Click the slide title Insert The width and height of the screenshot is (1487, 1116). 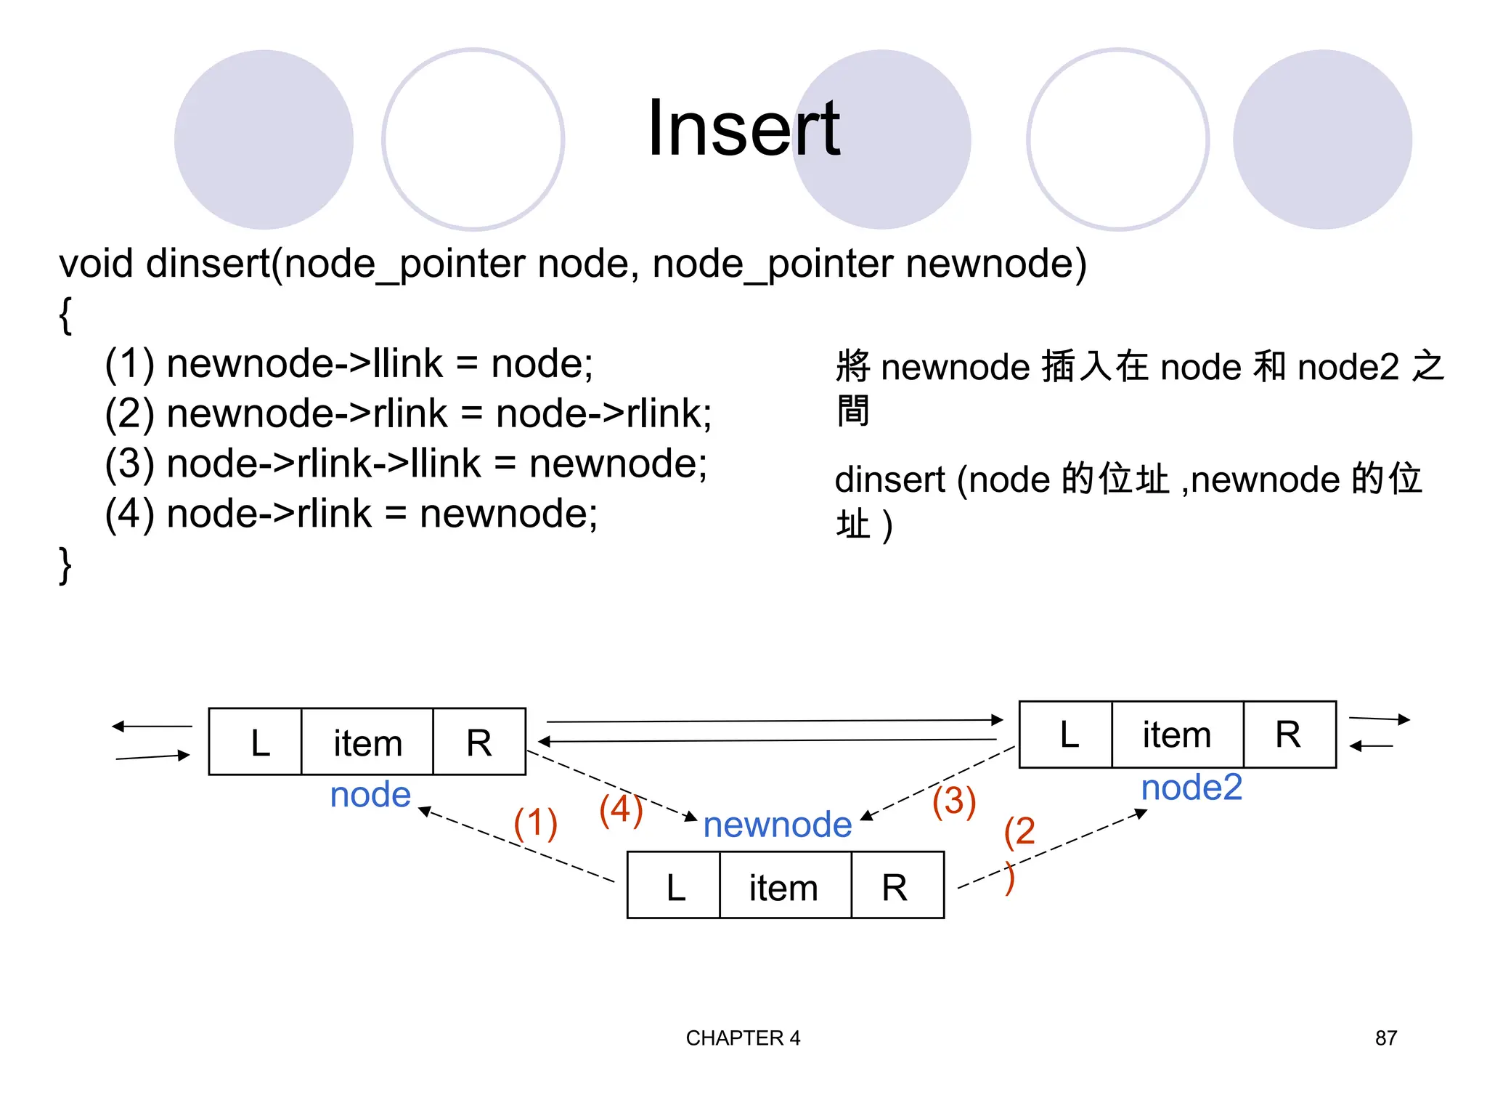coord(743,129)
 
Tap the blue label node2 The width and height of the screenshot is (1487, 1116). coord(1191,788)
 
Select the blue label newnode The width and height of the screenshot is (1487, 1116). coord(777,825)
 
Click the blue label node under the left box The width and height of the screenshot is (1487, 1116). coord(370,795)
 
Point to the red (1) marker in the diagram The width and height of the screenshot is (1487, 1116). coord(535,823)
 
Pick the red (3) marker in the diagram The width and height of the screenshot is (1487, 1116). coord(954,801)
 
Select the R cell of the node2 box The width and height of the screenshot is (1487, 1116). coord(1289,735)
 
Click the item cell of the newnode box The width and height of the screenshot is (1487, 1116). coord(784,886)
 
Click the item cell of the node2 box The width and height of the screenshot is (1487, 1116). coord(1177,735)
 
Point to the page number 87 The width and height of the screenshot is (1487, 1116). coord(1385,1038)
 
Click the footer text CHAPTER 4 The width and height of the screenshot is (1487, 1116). coord(743,1038)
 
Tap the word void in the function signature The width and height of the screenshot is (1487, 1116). coord(96,263)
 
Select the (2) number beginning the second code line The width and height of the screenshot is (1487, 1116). coord(129,413)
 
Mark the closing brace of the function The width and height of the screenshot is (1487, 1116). coord(65,565)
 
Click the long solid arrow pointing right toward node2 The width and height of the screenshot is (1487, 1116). coord(773,721)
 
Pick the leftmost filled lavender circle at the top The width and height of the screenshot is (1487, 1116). coord(264,139)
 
